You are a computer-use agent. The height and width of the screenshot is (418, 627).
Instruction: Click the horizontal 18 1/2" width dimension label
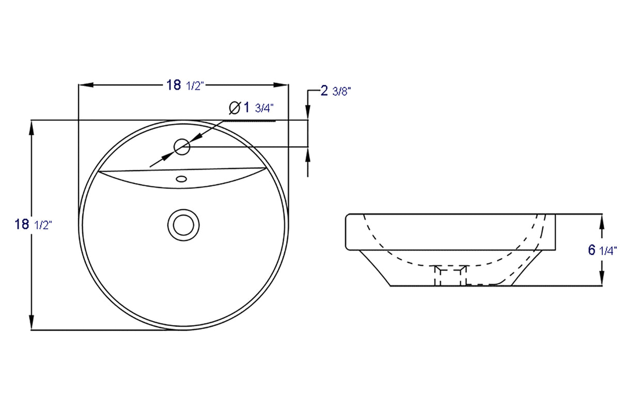click(x=184, y=85)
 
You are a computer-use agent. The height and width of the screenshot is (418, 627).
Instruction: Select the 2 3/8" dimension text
click(x=336, y=91)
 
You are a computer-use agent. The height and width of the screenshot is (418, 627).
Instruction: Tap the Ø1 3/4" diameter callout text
click(x=250, y=107)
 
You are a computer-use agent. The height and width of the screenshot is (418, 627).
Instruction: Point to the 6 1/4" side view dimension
click(x=602, y=250)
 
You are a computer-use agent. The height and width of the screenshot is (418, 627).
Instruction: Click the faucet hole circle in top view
click(x=182, y=147)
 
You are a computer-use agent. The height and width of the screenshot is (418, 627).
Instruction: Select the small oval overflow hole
click(x=181, y=179)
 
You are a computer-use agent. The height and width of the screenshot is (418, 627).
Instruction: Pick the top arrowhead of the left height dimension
click(x=33, y=127)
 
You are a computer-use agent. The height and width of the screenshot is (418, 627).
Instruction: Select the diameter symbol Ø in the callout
click(x=233, y=107)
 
